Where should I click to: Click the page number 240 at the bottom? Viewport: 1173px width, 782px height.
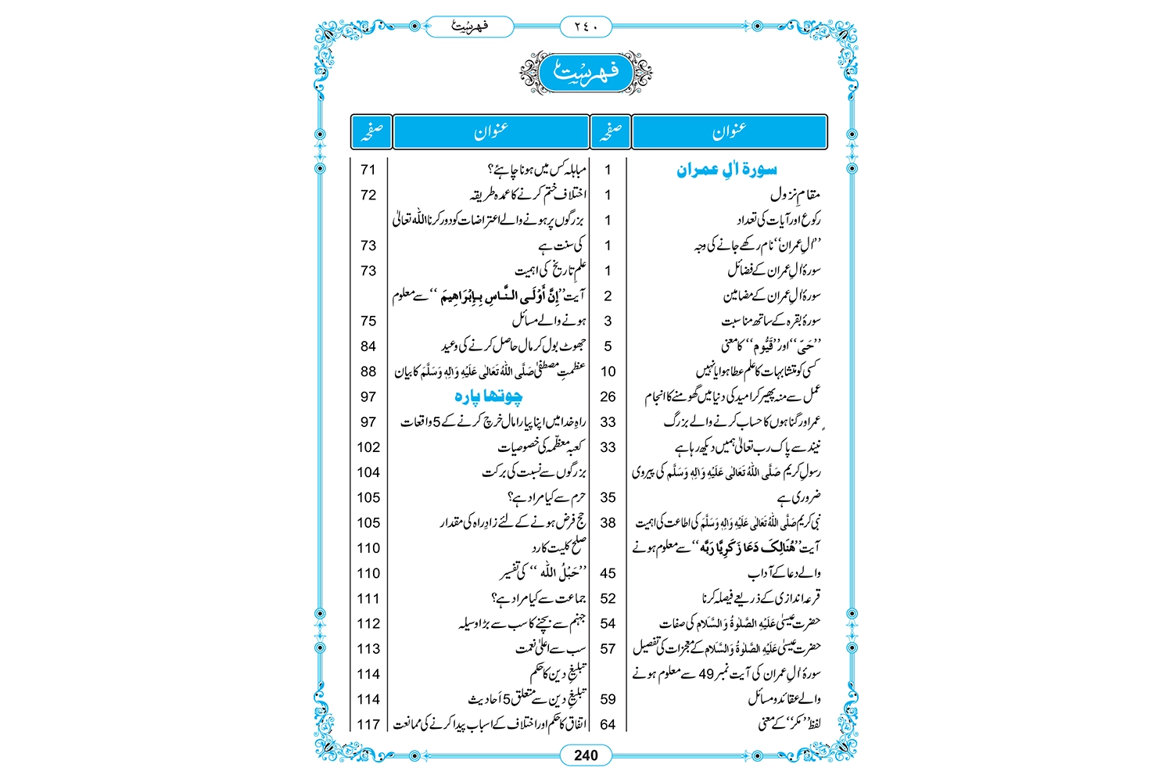(586, 755)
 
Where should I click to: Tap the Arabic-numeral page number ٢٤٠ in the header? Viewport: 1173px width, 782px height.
(586, 27)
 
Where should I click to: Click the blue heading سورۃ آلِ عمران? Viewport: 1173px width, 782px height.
(726, 170)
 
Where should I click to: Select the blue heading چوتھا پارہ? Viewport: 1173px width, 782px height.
(489, 396)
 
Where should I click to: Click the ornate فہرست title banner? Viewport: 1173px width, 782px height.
(586, 74)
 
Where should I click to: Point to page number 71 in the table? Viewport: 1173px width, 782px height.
(368, 170)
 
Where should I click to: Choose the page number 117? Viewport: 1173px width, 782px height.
(368, 724)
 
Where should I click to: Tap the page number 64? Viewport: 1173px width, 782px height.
(608, 724)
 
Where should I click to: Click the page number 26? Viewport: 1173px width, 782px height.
(608, 396)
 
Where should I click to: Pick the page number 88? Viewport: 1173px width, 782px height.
(368, 371)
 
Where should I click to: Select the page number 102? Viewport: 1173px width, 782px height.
(368, 447)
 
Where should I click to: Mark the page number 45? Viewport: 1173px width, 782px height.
(608, 573)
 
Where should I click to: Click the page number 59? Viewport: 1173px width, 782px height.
(608, 699)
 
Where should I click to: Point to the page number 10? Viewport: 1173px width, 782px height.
(608, 371)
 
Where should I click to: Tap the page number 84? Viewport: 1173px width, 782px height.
(368, 346)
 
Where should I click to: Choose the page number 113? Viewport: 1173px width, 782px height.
(368, 649)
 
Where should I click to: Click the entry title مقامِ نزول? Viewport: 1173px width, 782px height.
(795, 195)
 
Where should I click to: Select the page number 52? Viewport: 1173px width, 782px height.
(608, 598)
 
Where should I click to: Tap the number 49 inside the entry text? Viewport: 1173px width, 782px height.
(706, 674)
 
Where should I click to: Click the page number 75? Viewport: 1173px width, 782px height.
(368, 321)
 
